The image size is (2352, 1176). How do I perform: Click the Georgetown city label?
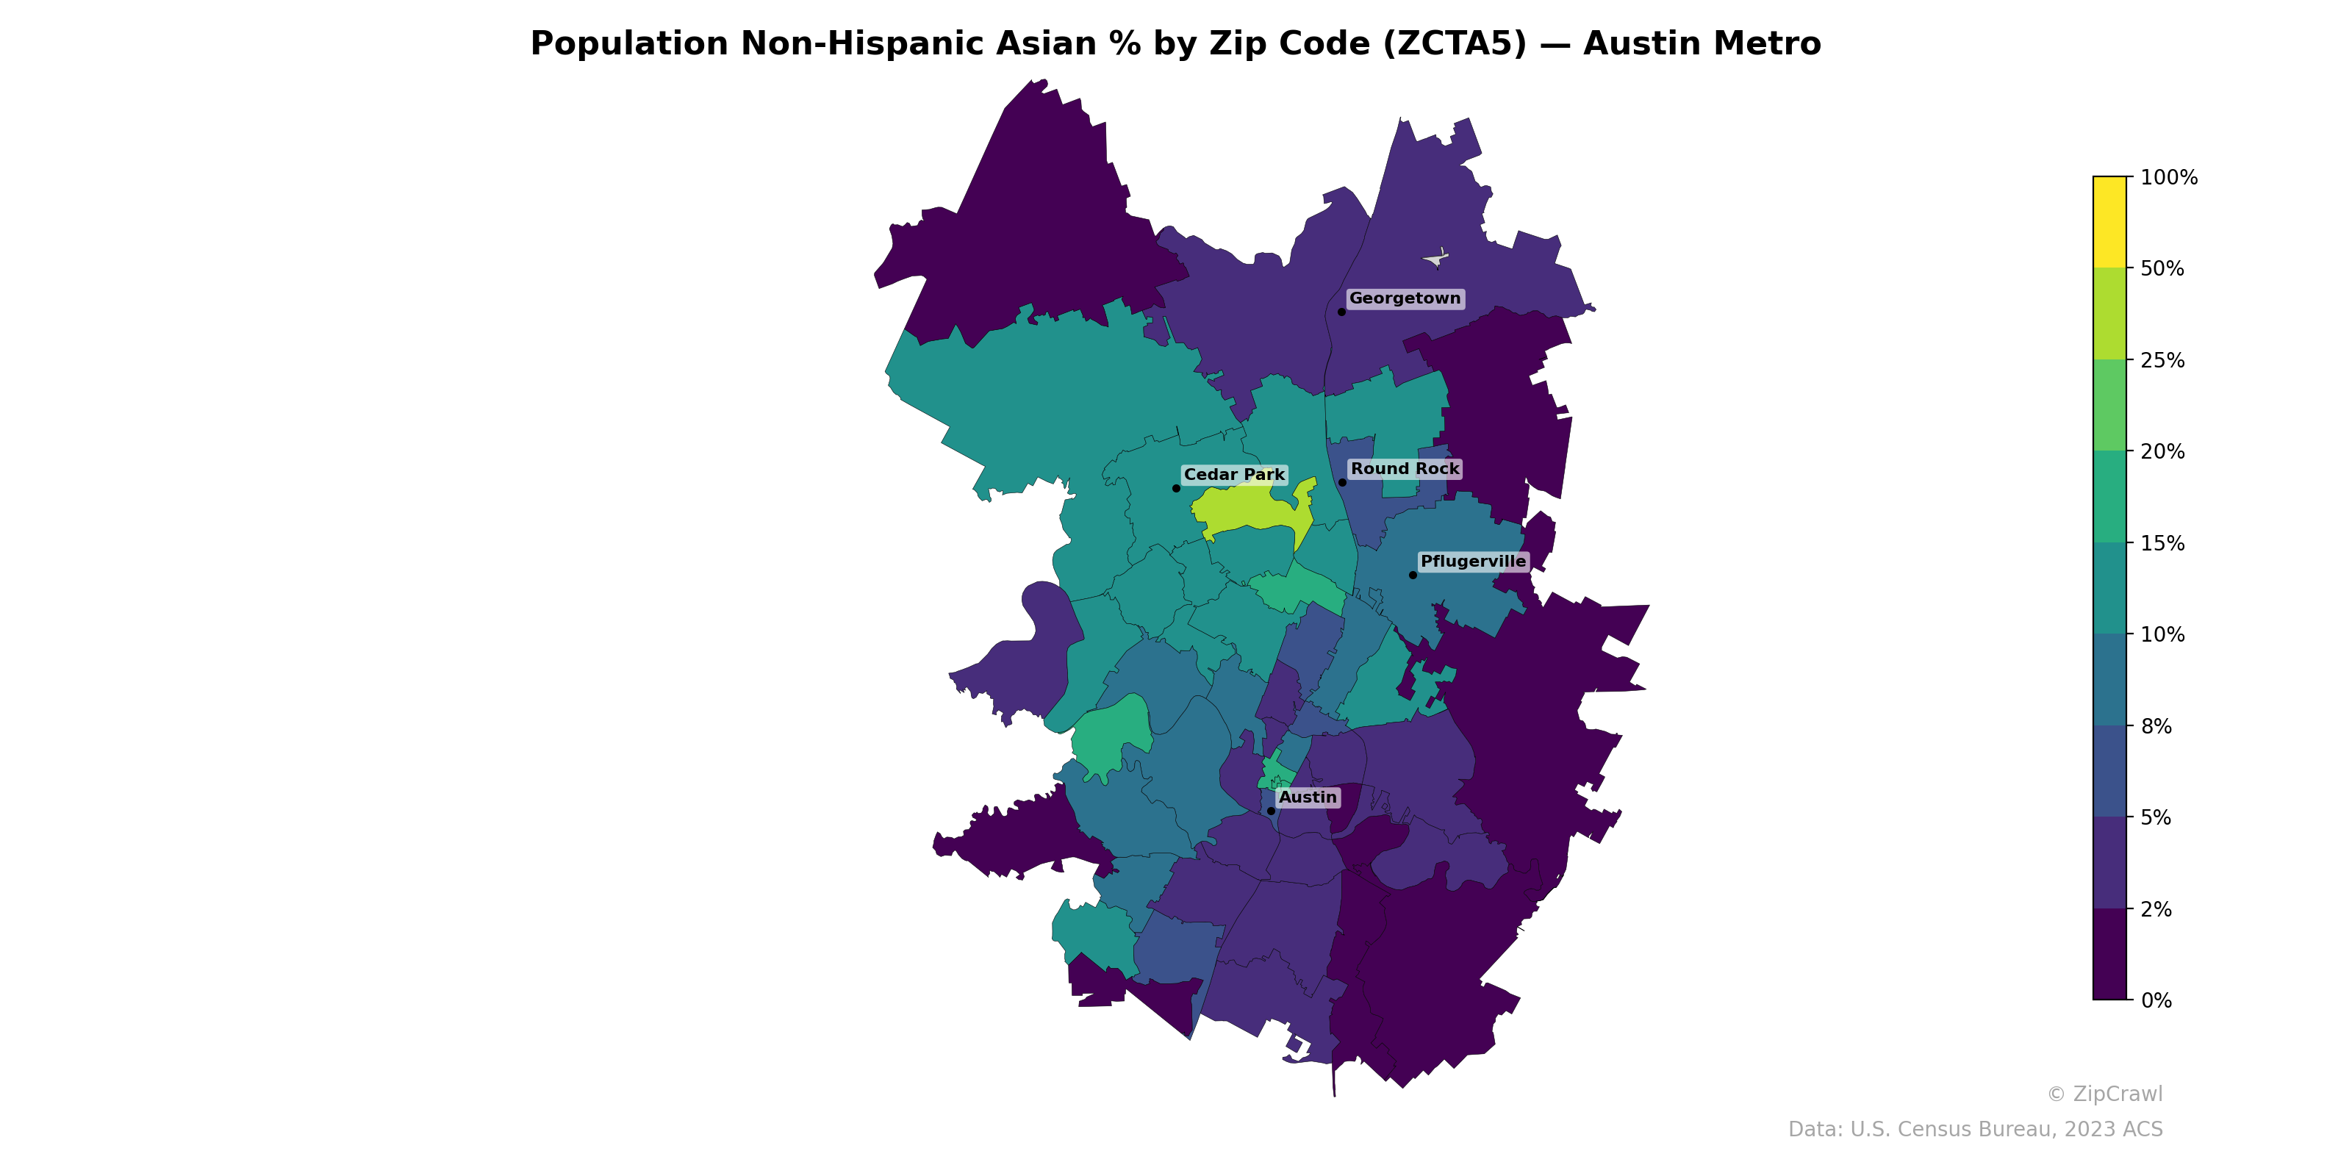pyautogui.click(x=1405, y=298)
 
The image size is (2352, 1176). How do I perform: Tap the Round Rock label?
pyautogui.click(x=1405, y=470)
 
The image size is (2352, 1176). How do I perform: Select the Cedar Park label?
pyautogui.click(x=1233, y=475)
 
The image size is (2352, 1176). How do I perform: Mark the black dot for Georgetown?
pyautogui.click(x=1341, y=312)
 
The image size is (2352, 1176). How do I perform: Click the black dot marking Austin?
pyautogui.click(x=1271, y=811)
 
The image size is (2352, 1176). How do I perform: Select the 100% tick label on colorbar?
pyautogui.click(x=2168, y=178)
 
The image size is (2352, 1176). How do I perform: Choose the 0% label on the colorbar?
pyautogui.click(x=2156, y=1000)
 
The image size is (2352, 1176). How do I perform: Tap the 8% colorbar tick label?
pyautogui.click(x=2156, y=727)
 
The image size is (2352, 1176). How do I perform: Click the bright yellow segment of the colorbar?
pyautogui.click(x=2109, y=222)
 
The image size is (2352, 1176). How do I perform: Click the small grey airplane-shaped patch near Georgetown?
pyautogui.click(x=1436, y=259)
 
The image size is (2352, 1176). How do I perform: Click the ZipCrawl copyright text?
pyautogui.click(x=2104, y=1094)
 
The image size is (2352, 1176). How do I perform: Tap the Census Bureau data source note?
pyautogui.click(x=1975, y=1130)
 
